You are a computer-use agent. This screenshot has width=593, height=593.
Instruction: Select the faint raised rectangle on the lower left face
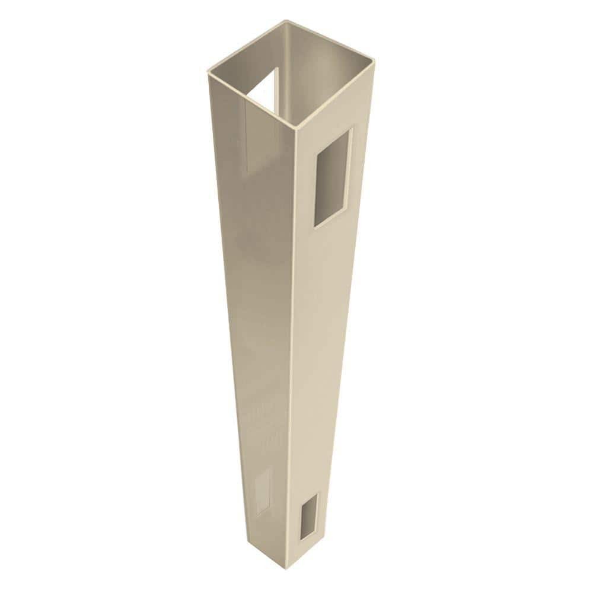(262, 490)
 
